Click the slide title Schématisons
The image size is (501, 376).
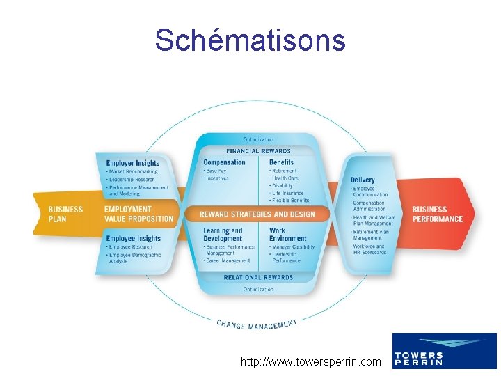(250, 40)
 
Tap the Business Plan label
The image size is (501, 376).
(65, 214)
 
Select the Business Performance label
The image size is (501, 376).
(437, 214)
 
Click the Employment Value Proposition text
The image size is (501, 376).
(138, 214)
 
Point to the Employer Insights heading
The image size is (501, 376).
(132, 163)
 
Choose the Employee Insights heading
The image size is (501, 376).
(133, 238)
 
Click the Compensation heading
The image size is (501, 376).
(224, 162)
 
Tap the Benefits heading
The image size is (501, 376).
(281, 162)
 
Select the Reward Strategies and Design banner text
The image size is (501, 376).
(257, 214)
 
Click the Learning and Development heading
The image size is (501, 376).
(223, 234)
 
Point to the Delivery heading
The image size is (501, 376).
(363, 180)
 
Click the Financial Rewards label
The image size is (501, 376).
(258, 151)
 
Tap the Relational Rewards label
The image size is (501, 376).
(258, 277)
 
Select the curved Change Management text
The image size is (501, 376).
(257, 324)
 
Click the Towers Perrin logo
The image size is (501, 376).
(444, 350)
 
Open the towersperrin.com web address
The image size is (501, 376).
(310, 361)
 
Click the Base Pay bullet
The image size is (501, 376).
(216, 171)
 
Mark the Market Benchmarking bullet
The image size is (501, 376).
(132, 171)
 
